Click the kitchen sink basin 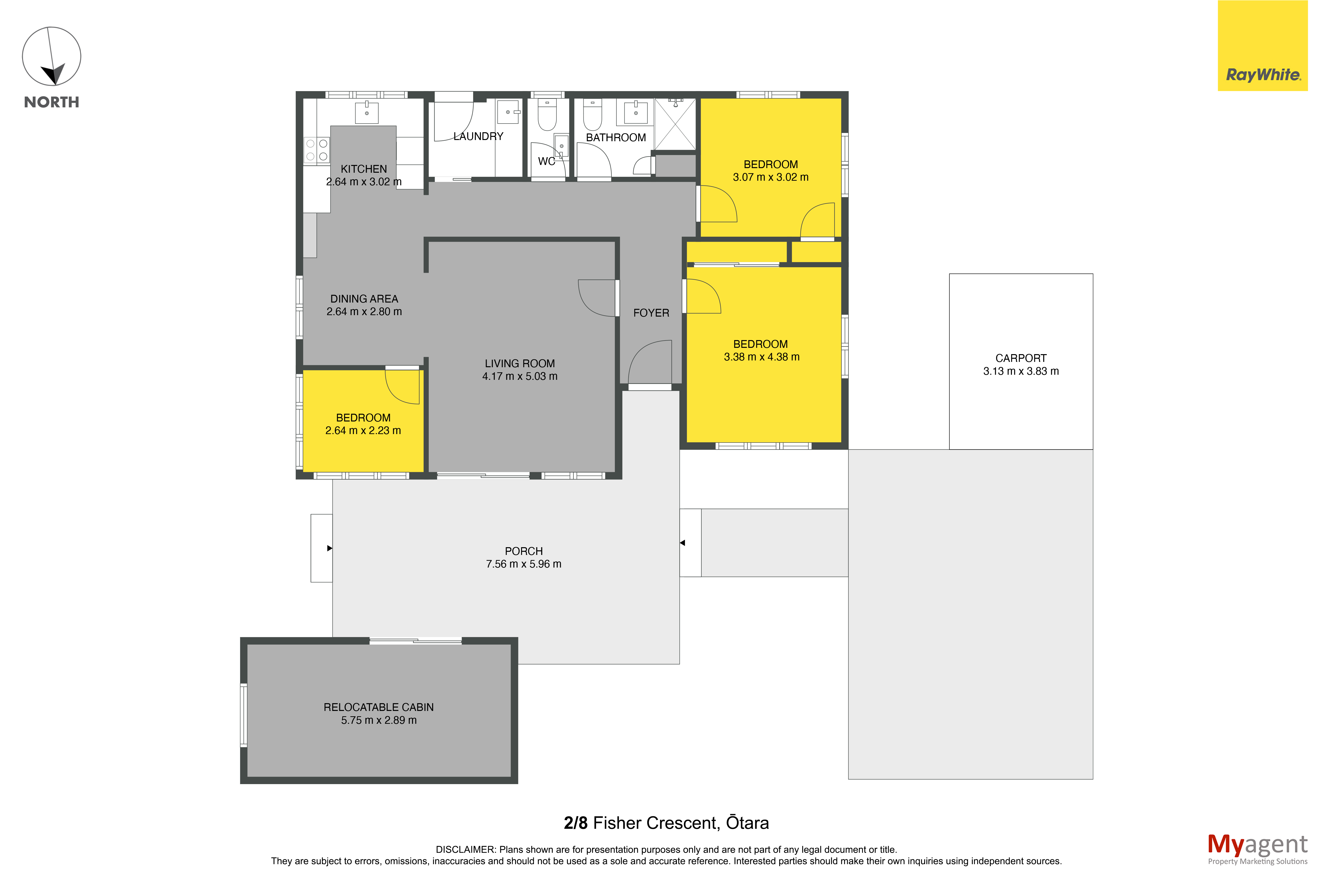(366, 112)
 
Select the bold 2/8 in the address (576, 823)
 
